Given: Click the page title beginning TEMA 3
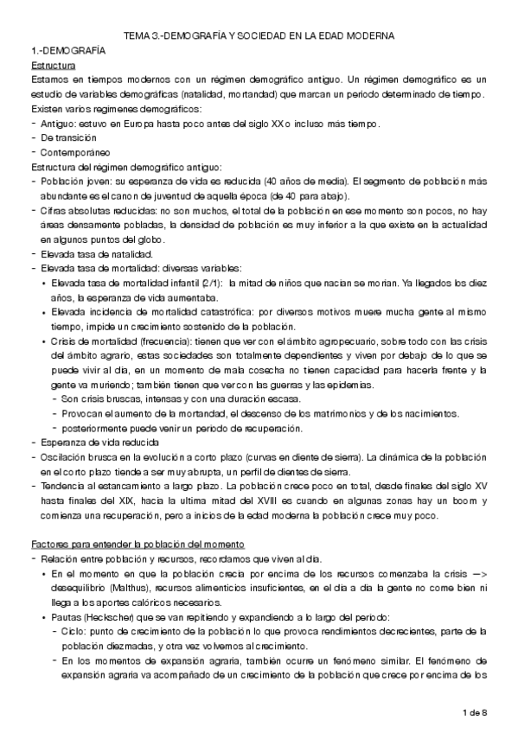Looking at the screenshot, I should click(259, 35).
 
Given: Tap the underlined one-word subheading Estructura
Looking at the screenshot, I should click(53, 66).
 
